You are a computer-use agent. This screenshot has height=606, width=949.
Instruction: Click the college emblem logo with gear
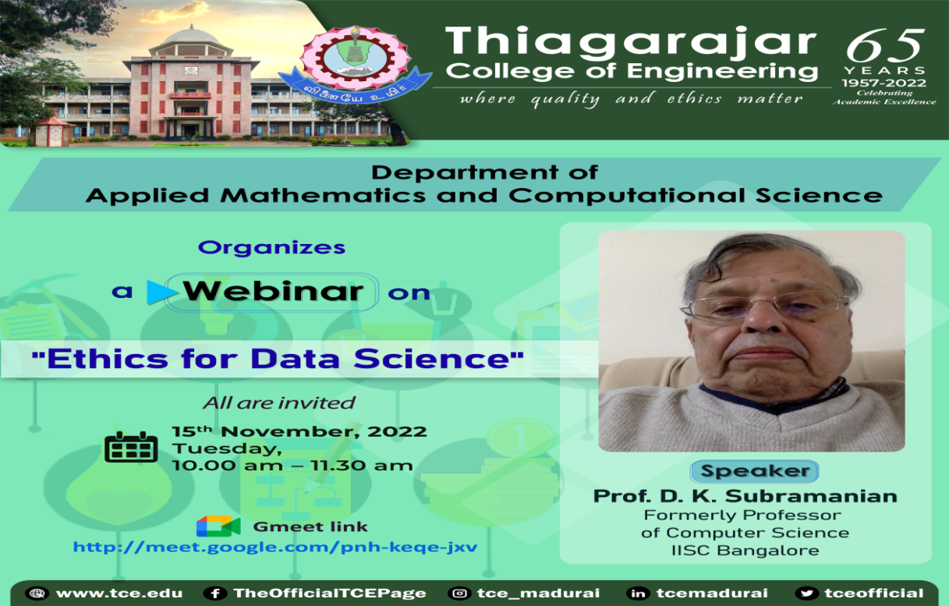coord(355,64)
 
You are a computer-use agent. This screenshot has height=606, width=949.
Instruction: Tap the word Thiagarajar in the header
coord(631,41)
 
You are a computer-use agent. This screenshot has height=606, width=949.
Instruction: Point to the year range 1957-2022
coord(883,83)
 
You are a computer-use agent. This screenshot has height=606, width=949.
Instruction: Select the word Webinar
coord(273,291)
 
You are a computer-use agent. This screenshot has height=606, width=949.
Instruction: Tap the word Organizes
coord(271,247)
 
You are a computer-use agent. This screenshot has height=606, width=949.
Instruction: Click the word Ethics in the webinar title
coord(107,359)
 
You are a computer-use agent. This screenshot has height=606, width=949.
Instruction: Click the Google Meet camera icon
coord(218,526)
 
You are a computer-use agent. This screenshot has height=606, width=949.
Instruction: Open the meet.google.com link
coord(275,547)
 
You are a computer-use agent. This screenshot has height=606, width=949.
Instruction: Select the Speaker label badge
coord(754,471)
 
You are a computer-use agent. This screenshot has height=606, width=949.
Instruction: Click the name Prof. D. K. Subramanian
coord(745,496)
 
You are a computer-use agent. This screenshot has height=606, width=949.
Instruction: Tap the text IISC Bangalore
coord(745,551)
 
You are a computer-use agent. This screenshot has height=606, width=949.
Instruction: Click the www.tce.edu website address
coord(119,594)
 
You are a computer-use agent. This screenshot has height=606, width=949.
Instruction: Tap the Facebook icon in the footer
coord(214,594)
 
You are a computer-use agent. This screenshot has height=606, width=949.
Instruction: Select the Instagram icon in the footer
coord(459,594)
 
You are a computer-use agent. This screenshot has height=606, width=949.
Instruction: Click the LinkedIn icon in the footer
coord(638,594)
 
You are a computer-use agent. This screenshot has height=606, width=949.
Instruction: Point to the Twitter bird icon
coord(806,594)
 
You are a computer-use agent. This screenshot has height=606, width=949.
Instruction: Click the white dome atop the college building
coord(192,37)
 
